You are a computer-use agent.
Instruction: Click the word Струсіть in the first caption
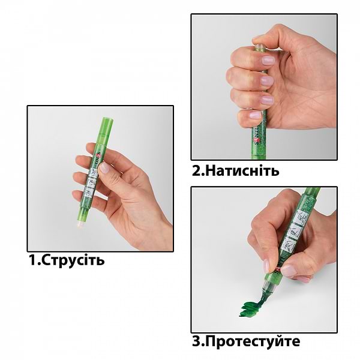tap(73, 260)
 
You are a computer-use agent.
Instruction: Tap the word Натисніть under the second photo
tap(242, 171)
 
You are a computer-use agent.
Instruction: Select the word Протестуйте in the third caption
tap(252, 341)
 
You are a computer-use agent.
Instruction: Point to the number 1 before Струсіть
tap(32, 260)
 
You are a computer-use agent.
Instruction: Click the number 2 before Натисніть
tap(196, 171)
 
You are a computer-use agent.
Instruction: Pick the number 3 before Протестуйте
tap(196, 341)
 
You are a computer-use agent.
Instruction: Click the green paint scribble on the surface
tap(251, 307)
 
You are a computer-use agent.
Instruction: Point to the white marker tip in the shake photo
tap(80, 224)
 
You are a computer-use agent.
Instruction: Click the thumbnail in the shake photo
tap(104, 167)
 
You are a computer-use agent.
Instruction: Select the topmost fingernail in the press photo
tap(268, 61)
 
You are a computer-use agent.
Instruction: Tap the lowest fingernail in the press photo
tap(256, 115)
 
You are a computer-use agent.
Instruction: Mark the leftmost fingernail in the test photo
tap(266, 266)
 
